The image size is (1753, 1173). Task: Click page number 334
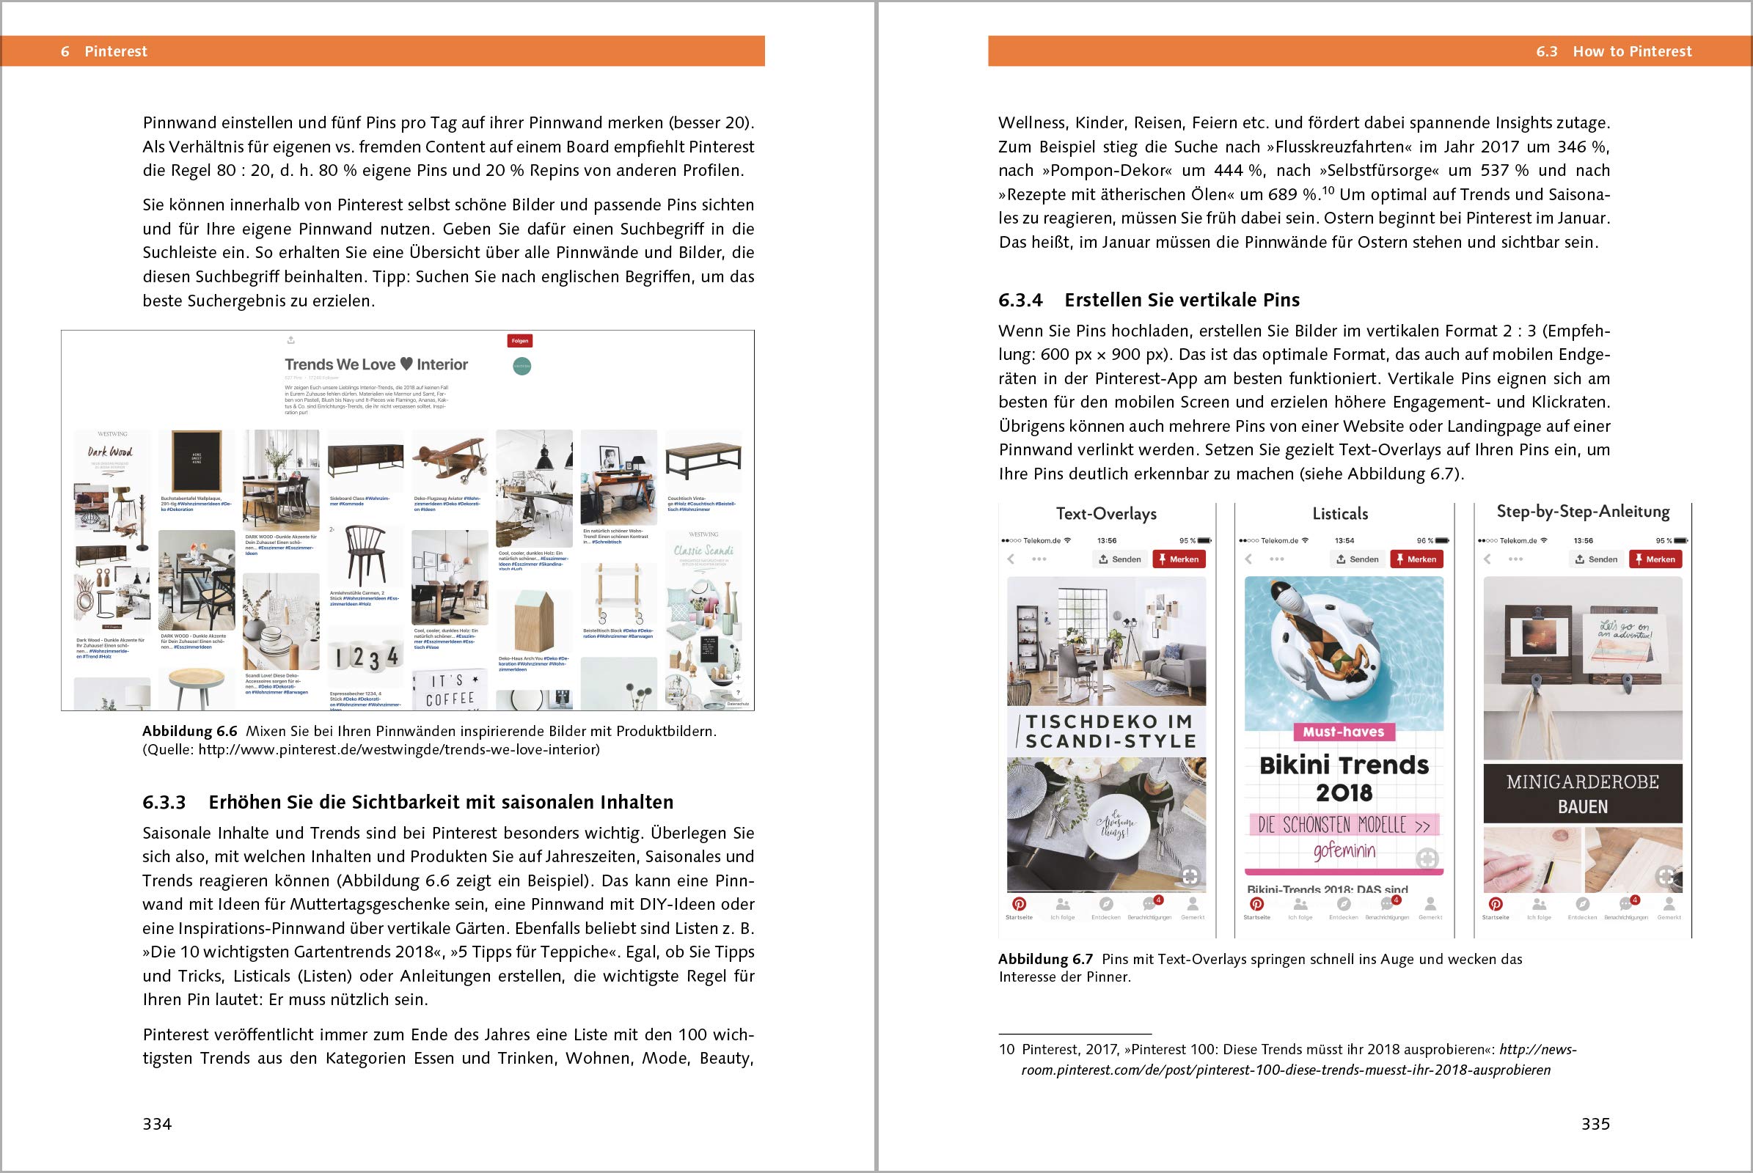tap(157, 1124)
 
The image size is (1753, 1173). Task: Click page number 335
tap(1595, 1124)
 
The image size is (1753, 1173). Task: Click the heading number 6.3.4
tap(1020, 300)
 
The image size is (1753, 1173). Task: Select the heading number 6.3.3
tap(164, 802)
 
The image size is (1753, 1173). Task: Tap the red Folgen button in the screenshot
tap(519, 341)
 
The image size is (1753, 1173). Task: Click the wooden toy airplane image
tap(450, 459)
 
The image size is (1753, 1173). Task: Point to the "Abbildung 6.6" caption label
tap(189, 732)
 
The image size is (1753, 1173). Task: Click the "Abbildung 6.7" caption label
tap(1045, 959)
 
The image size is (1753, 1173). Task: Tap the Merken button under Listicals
tap(1416, 559)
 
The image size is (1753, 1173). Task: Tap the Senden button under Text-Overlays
tap(1121, 559)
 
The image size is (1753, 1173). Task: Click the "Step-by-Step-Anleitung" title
tap(1583, 512)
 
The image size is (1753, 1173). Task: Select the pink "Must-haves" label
tap(1344, 732)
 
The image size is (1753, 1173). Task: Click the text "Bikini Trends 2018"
tap(1344, 778)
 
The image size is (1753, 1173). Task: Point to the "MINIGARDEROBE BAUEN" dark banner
tap(1582, 793)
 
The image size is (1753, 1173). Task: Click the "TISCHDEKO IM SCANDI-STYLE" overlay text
tap(1110, 731)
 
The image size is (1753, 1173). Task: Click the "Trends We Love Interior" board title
tap(376, 364)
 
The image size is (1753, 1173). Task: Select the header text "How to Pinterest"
tap(1632, 51)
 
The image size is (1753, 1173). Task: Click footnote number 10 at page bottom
tap(1007, 1050)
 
